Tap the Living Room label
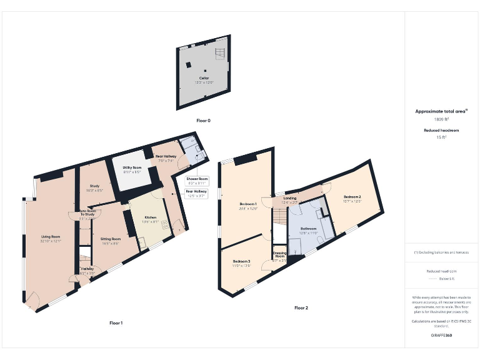51,237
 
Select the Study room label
95,186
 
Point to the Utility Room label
132,167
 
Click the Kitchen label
150,217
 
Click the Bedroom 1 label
248,204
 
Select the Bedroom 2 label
352,197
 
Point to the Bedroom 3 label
241,261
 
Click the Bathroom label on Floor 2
309,229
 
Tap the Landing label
289,199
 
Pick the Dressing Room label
279,254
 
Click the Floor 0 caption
202,120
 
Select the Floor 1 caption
116,322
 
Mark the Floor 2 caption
301,307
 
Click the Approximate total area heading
442,111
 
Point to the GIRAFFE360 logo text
442,336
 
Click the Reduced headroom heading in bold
442,130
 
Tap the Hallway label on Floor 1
87,269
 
